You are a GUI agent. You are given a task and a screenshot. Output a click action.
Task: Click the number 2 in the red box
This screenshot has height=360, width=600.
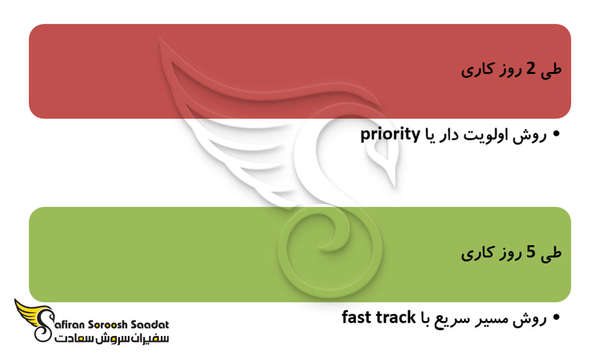coord(530,69)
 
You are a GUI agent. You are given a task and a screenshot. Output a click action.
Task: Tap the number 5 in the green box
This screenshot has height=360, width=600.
coord(530,252)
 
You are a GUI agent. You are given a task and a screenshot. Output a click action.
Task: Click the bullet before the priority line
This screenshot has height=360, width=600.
coord(556,134)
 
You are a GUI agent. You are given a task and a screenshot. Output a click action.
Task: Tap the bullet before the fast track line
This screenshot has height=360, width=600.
coord(556,317)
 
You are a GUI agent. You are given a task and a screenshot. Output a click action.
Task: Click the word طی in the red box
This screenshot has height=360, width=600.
coord(551,70)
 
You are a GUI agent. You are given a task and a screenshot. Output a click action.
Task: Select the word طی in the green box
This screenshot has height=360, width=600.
coord(551,253)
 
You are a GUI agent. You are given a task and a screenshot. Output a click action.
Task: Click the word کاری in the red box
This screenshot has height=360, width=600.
coord(475,70)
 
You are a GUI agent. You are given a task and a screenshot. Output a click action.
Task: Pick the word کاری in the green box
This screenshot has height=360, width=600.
coord(475,253)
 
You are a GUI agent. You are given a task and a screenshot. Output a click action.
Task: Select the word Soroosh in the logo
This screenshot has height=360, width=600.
coord(107,325)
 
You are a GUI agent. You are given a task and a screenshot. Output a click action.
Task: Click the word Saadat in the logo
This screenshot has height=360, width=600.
coord(150,325)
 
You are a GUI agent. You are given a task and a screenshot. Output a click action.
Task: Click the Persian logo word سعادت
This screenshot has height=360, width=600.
coord(73,338)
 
